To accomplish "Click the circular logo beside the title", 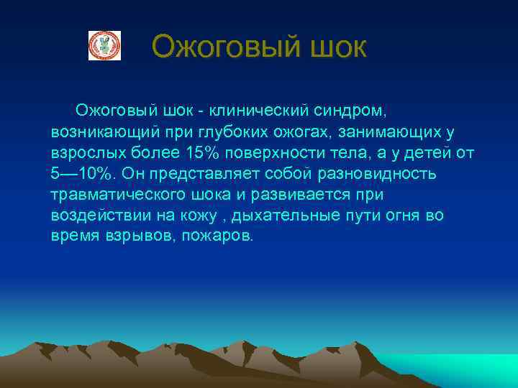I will coord(104,45).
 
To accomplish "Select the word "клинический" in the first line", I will coord(256,111).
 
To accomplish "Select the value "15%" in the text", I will coord(204,153).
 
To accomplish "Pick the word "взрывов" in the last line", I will coord(132,236).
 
